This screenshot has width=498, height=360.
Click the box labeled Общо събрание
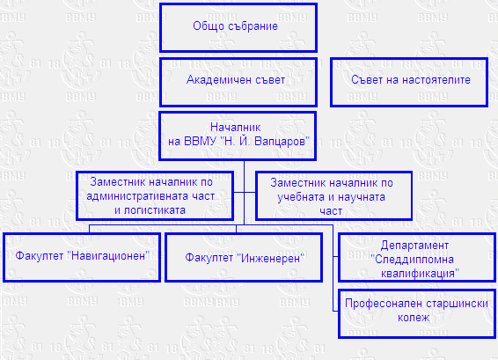click(x=238, y=27)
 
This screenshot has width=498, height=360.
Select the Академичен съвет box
click(x=238, y=82)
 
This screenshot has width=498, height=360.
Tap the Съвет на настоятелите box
click(x=409, y=82)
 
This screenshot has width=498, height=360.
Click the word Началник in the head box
click(x=235, y=128)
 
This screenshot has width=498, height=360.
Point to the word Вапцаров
click(x=282, y=142)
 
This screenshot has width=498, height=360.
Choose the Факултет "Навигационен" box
click(x=82, y=257)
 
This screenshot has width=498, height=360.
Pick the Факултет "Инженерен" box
click(x=244, y=257)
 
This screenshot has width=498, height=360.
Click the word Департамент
click(x=414, y=246)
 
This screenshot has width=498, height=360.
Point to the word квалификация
click(x=420, y=274)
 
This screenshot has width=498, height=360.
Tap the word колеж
click(x=414, y=318)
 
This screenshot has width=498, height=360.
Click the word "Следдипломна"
click(x=412, y=260)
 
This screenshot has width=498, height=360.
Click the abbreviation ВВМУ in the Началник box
click(x=200, y=142)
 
